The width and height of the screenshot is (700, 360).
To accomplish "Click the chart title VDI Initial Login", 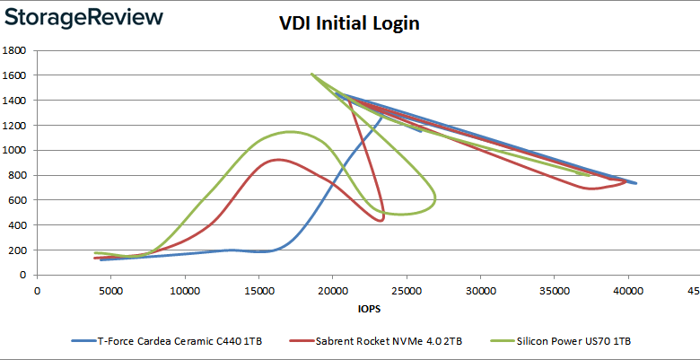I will [350, 24].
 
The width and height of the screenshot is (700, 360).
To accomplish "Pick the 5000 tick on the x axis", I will [110, 290].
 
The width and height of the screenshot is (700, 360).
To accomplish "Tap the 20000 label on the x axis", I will [332, 290].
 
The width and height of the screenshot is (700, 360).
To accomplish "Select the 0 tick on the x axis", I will [37, 290].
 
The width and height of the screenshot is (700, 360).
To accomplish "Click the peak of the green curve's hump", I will [290, 132].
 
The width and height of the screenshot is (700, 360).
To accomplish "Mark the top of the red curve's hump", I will [278, 160].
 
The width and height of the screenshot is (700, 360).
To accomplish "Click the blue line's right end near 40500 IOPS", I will [635, 183].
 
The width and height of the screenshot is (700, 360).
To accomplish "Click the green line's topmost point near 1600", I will [311, 75].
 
